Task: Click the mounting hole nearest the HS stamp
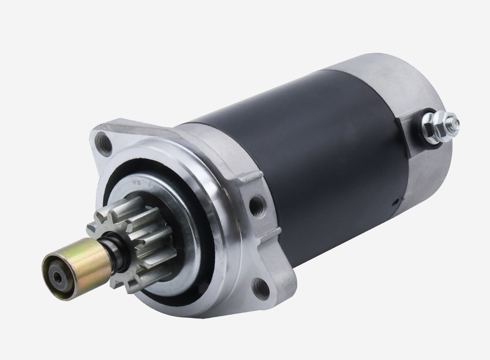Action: click(x=104, y=143)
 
